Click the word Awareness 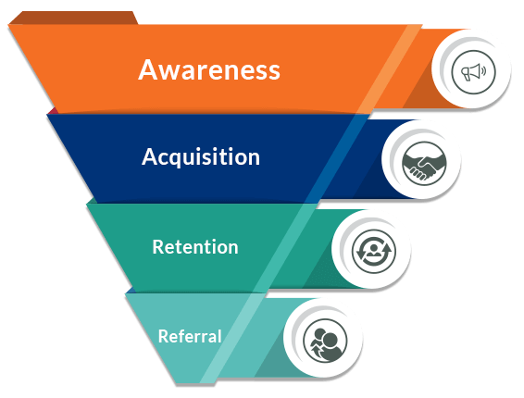click(209, 70)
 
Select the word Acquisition click(201, 157)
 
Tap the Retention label click(194, 247)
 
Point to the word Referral click(189, 336)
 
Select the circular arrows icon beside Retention click(372, 251)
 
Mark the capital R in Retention click(158, 247)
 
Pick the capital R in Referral click(163, 336)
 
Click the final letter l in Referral click(218, 336)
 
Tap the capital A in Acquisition click(150, 157)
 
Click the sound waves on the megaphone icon click(481, 70)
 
